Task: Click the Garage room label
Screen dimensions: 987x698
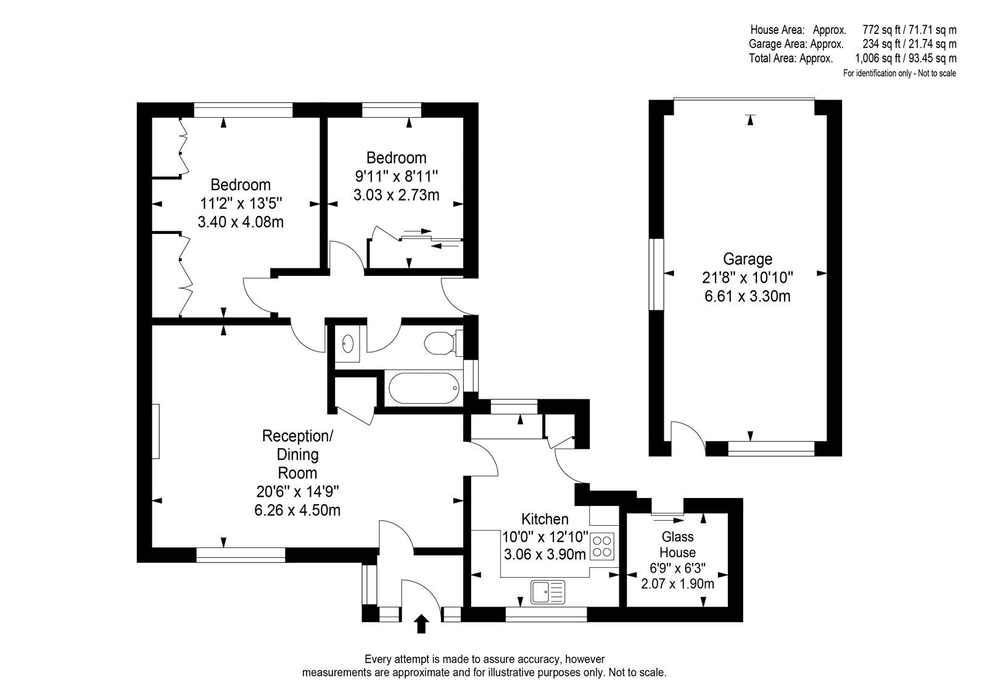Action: (x=748, y=259)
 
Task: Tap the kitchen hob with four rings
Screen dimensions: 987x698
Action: (x=602, y=546)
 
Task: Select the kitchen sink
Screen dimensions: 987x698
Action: (x=548, y=592)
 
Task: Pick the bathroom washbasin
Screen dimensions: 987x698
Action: (x=348, y=344)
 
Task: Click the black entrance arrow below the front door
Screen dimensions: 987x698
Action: (x=422, y=624)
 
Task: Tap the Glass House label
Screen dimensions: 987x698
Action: (x=678, y=544)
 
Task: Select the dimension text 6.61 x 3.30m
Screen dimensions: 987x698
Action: (x=747, y=296)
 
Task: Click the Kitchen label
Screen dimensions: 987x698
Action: (x=545, y=518)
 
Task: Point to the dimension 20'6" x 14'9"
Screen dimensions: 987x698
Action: (x=297, y=491)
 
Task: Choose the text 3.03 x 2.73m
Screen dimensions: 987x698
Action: (x=397, y=194)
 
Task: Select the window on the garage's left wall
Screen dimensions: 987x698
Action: (x=656, y=274)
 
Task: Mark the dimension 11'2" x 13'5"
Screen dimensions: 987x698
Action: (x=241, y=203)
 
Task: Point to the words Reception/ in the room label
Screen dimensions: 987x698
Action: (x=297, y=436)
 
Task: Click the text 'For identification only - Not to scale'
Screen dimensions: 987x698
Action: (x=899, y=73)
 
